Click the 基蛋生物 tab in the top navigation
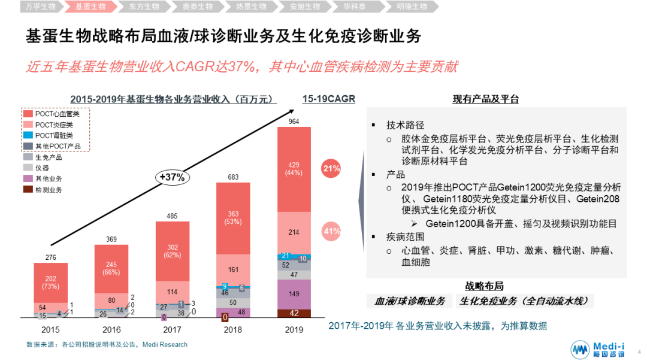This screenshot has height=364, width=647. click(x=90, y=7)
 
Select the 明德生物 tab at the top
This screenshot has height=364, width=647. click(x=412, y=7)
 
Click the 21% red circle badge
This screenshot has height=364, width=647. click(x=331, y=169)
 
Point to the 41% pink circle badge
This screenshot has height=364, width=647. click(x=331, y=230)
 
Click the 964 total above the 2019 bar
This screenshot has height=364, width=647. click(x=294, y=122)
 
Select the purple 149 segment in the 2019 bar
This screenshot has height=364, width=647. click(x=294, y=294)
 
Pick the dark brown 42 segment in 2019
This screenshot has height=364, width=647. click(x=294, y=313)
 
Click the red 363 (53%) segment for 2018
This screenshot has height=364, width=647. click(x=233, y=219)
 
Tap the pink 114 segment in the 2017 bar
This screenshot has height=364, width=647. click(x=173, y=292)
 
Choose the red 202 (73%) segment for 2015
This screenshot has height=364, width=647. click(x=51, y=282)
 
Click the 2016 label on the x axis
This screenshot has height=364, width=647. click(x=112, y=330)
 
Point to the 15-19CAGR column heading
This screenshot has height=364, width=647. click(x=329, y=99)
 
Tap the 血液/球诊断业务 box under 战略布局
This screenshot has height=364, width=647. click(x=410, y=301)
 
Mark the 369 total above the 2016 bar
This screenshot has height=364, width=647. click(x=111, y=239)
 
